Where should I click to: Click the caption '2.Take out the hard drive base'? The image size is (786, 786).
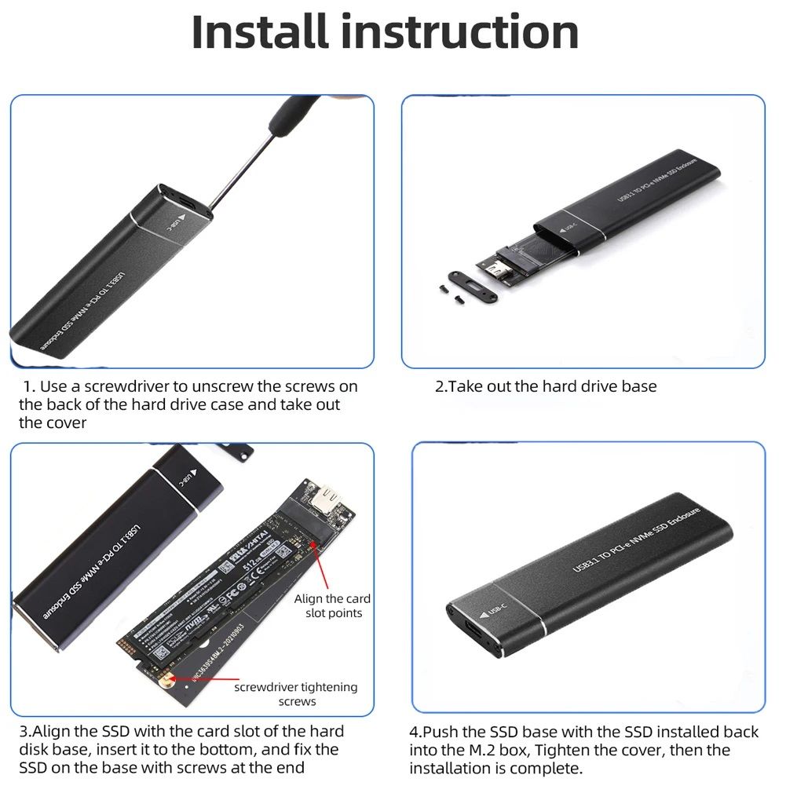point(546,386)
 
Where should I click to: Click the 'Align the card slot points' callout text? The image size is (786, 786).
point(332,605)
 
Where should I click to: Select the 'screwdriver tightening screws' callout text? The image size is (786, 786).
point(296,694)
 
